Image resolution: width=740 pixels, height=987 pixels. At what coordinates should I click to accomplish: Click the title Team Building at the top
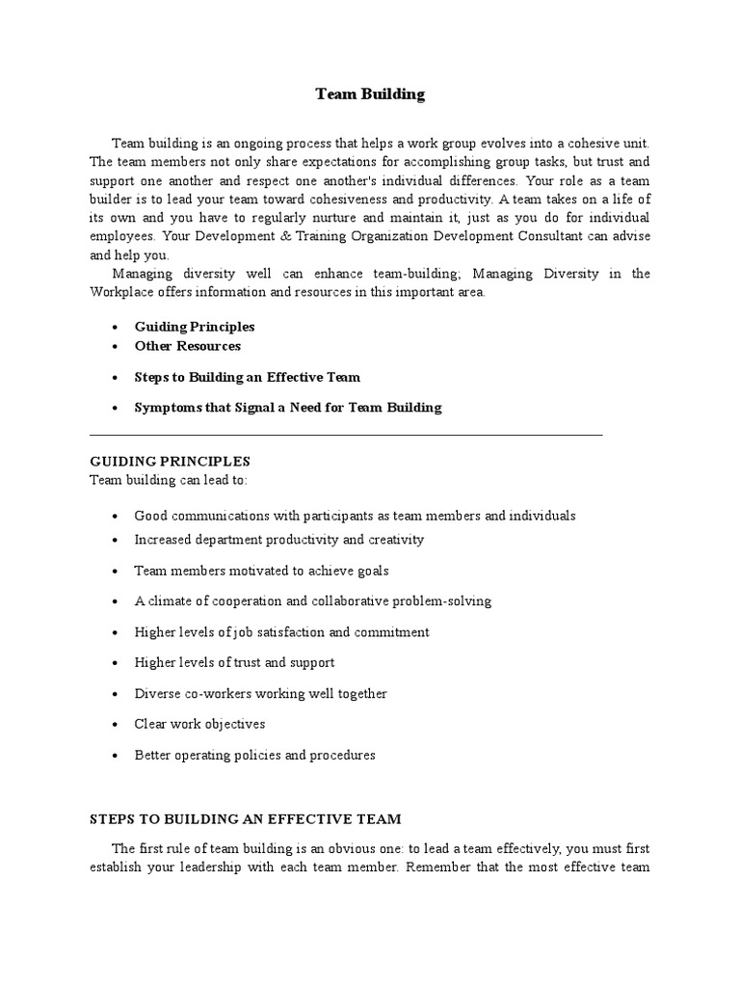(x=370, y=94)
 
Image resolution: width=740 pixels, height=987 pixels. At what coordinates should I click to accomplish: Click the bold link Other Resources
(x=187, y=346)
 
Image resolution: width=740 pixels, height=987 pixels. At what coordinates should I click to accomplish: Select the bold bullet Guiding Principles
(x=195, y=327)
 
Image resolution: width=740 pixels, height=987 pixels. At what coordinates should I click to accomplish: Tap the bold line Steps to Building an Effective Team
(x=247, y=377)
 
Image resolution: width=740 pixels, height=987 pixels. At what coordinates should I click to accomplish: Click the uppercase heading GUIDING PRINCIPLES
(x=170, y=462)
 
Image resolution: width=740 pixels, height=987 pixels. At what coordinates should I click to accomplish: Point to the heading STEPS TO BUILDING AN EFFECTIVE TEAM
(x=245, y=818)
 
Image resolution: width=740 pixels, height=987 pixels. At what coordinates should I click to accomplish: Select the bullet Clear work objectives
(x=199, y=724)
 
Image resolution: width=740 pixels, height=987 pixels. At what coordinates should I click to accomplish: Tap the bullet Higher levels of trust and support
(x=234, y=663)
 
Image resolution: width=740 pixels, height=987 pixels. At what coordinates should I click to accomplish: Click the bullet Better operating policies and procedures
(x=254, y=755)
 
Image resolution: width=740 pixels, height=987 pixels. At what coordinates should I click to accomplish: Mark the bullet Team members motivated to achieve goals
(x=248, y=571)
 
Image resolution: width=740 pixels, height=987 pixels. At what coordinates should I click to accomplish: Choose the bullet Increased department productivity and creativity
(x=278, y=540)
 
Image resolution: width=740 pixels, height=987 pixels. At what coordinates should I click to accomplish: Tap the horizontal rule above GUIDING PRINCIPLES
(x=345, y=436)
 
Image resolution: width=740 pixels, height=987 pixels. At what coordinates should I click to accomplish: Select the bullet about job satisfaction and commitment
(x=281, y=632)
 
